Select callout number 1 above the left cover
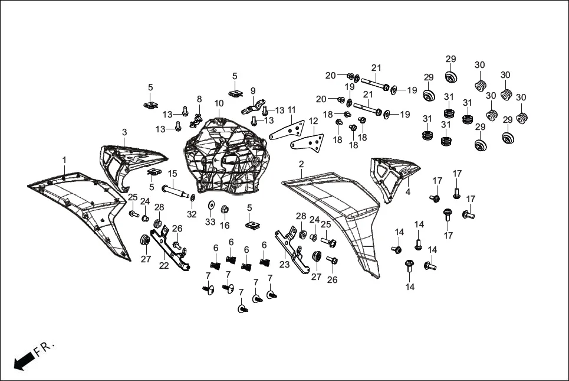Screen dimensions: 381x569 pyautogui.click(x=64, y=160)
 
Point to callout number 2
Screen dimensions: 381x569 pyautogui.click(x=301, y=164)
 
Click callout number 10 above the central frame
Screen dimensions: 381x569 pyautogui.click(x=219, y=103)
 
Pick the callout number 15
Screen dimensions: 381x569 pyautogui.click(x=173, y=174)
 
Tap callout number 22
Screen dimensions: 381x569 pyautogui.click(x=163, y=266)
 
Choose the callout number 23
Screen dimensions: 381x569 pyautogui.click(x=285, y=265)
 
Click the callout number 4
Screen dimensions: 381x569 pyautogui.click(x=407, y=193)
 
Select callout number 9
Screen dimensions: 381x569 pyautogui.click(x=253, y=91)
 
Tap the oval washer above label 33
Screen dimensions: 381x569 pyautogui.click(x=211, y=206)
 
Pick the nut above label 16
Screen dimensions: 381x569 pyautogui.click(x=225, y=209)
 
